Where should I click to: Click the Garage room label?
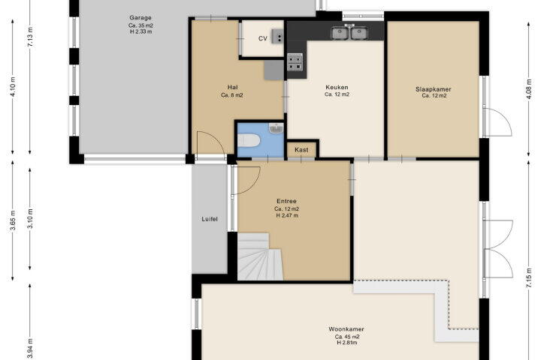tap(141, 17)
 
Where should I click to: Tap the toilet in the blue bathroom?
tap(249, 140)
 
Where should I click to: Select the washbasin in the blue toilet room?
tap(276, 128)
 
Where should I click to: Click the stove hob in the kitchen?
tap(295, 62)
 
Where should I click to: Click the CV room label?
tap(262, 38)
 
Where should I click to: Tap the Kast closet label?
tap(301, 150)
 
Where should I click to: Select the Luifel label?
tap(210, 219)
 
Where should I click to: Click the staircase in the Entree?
tap(259, 256)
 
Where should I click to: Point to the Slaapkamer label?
tap(434, 89)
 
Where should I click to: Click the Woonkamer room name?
tap(346, 329)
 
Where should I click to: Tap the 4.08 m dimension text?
tap(529, 89)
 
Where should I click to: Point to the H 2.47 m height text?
tap(287, 216)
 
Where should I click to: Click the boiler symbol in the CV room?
tap(277, 37)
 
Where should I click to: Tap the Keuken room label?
tap(337, 88)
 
